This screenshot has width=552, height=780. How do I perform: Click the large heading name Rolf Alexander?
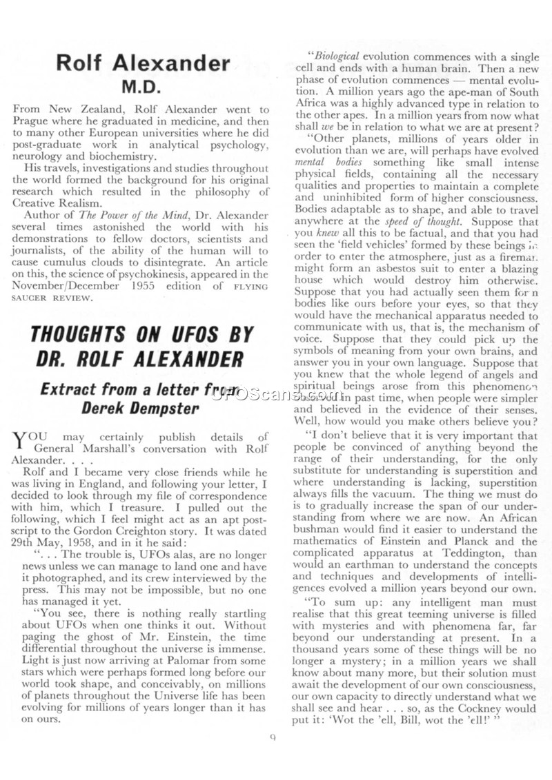tap(143, 63)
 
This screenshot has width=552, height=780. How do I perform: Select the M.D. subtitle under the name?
tap(141, 88)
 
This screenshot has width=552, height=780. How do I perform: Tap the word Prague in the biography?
tap(32, 121)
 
